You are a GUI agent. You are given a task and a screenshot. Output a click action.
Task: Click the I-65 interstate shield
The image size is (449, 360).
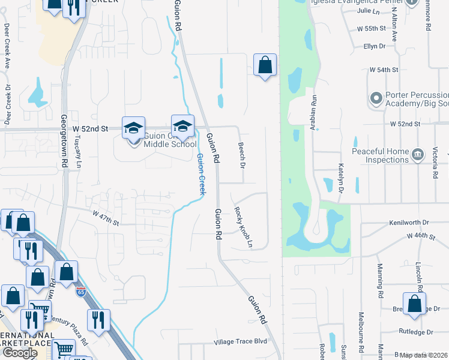point(81,292)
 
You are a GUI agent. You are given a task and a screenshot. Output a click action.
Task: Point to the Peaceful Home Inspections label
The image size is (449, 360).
point(380,156)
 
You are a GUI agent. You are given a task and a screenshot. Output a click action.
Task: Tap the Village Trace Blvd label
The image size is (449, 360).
point(240,342)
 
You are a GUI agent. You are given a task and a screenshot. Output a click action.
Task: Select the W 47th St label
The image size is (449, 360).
point(106,217)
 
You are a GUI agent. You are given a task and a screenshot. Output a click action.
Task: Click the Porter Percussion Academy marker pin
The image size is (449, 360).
point(376,98)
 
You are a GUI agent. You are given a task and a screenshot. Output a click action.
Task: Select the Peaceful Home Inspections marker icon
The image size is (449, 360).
point(417,156)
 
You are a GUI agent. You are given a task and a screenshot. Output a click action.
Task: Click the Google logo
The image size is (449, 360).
point(20,353)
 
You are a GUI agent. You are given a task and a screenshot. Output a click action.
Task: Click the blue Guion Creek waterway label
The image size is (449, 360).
point(200,175)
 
